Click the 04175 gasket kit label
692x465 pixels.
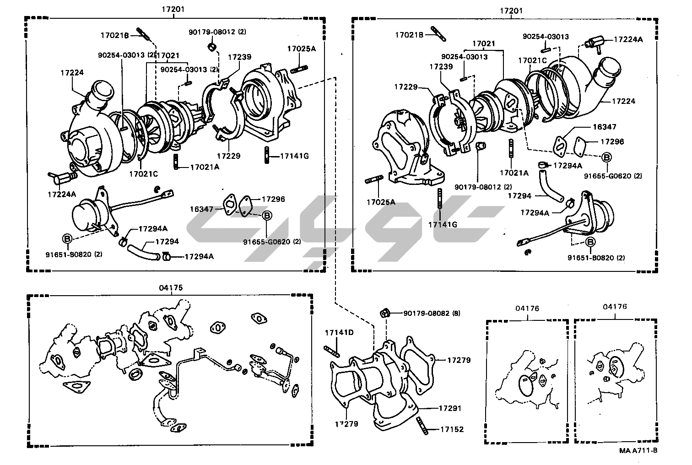[171, 288]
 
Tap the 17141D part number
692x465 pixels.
[339, 332]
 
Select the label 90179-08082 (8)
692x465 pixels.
[432, 314]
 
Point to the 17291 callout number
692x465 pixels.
[450, 408]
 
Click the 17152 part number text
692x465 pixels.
[452, 429]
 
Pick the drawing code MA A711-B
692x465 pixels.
[638, 450]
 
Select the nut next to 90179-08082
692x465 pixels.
[385, 313]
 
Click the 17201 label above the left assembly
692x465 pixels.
[173, 10]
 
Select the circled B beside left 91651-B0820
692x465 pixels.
[67, 238]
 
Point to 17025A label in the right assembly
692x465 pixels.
[380, 201]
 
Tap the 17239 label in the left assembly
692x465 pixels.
[239, 57]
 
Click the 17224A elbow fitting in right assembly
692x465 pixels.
[594, 43]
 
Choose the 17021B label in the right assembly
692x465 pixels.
[411, 34]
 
